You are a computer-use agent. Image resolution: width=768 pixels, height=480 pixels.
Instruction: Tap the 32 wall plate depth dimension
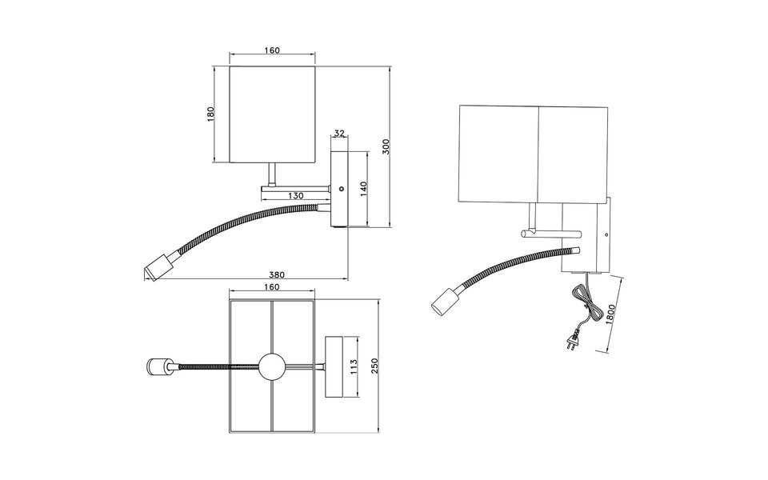(x=339, y=134)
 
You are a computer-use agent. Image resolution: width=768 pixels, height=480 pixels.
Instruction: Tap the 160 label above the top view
(x=271, y=286)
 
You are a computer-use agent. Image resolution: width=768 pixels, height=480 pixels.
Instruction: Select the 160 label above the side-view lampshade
(x=271, y=51)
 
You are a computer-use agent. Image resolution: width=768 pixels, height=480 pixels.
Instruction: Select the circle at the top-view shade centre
(x=271, y=367)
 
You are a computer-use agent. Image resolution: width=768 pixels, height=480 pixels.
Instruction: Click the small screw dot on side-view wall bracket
(x=342, y=190)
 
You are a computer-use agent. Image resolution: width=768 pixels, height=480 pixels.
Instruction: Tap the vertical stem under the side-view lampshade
(x=272, y=174)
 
